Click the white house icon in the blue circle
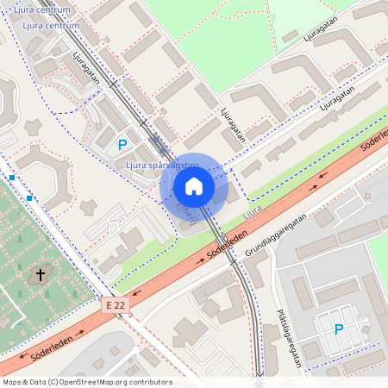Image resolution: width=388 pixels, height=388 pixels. [194, 186]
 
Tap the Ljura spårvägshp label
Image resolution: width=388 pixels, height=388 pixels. [162, 165]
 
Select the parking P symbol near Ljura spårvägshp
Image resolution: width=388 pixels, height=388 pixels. [122, 145]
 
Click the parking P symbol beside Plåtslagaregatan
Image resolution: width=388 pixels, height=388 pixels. [338, 329]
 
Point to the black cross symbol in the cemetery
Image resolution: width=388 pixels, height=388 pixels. [40, 275]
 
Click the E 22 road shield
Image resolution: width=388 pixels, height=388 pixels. [116, 305]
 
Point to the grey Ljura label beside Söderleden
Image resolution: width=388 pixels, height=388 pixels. [252, 210]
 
